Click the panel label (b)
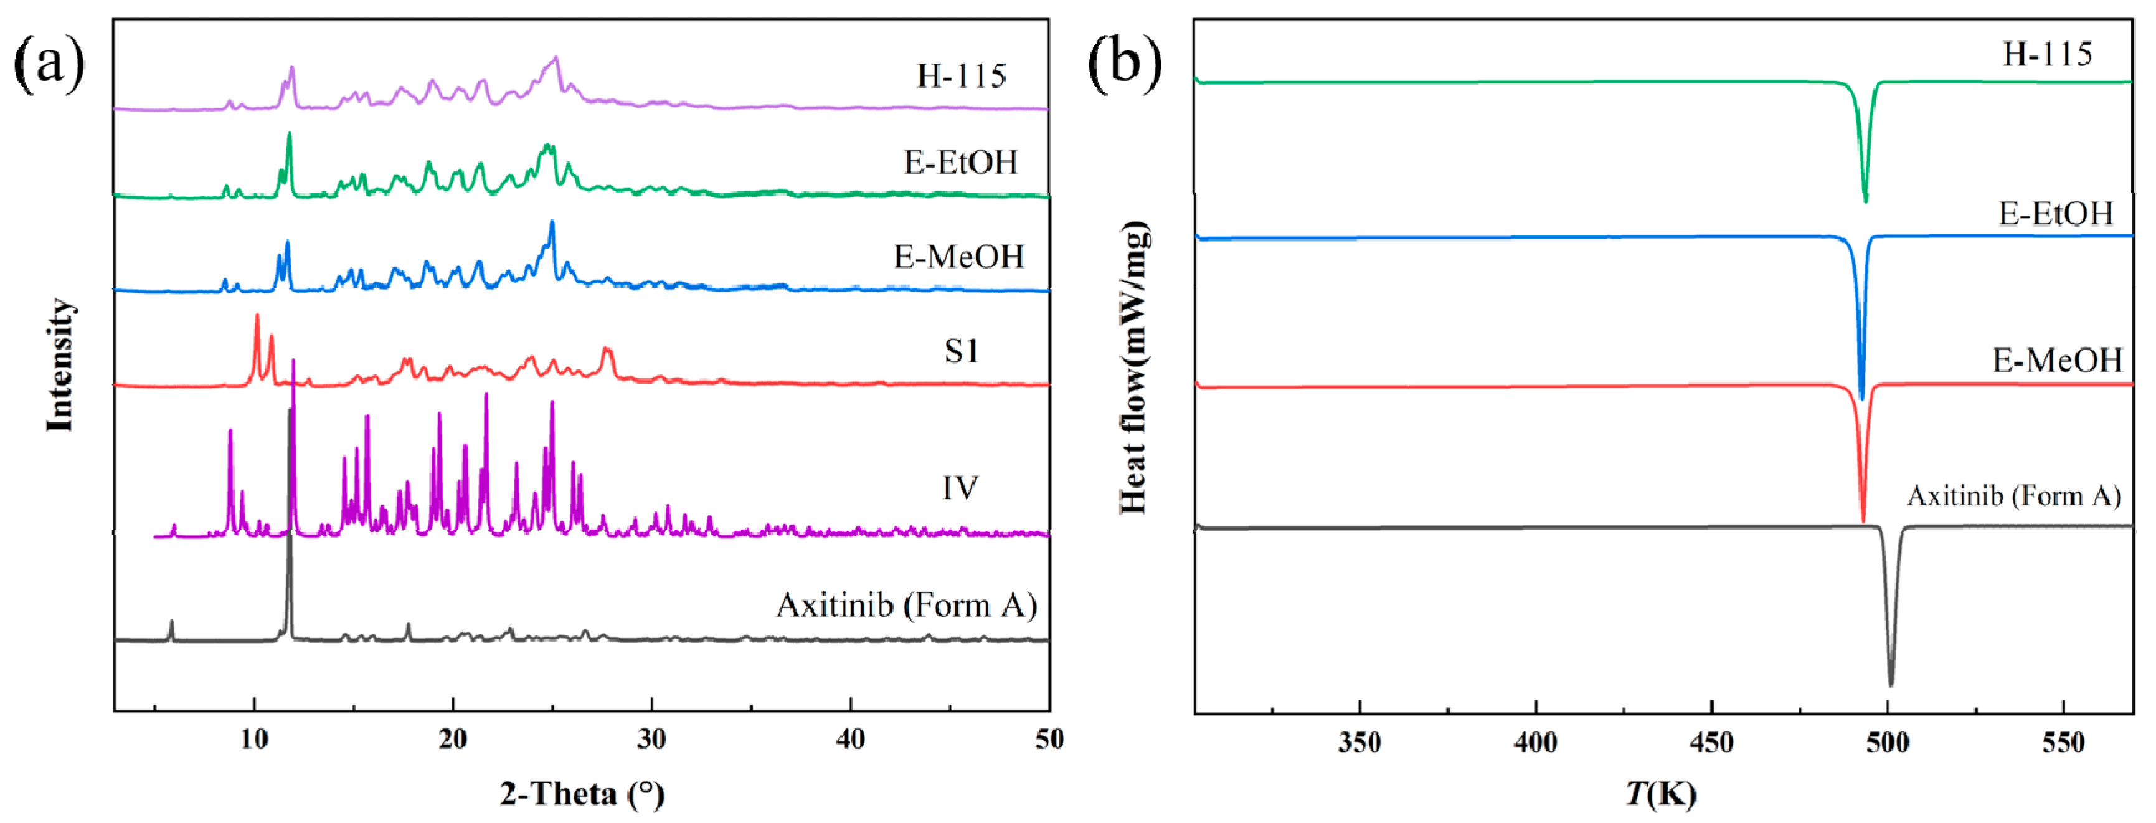click(x=1124, y=63)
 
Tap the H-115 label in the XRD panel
click(x=961, y=76)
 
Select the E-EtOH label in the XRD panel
click(x=961, y=161)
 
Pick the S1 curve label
click(x=961, y=350)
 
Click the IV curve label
click(x=960, y=487)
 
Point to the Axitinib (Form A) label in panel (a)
click(x=906, y=604)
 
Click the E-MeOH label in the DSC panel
click(x=2057, y=360)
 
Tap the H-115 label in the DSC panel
click(x=2047, y=54)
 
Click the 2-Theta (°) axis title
click(x=582, y=792)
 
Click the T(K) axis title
click(x=1662, y=792)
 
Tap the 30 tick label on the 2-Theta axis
click(x=651, y=740)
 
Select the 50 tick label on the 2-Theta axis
click(x=1048, y=740)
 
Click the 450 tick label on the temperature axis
click(x=1711, y=742)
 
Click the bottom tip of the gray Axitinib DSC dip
click(x=1891, y=684)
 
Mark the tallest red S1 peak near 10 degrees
click(x=257, y=316)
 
